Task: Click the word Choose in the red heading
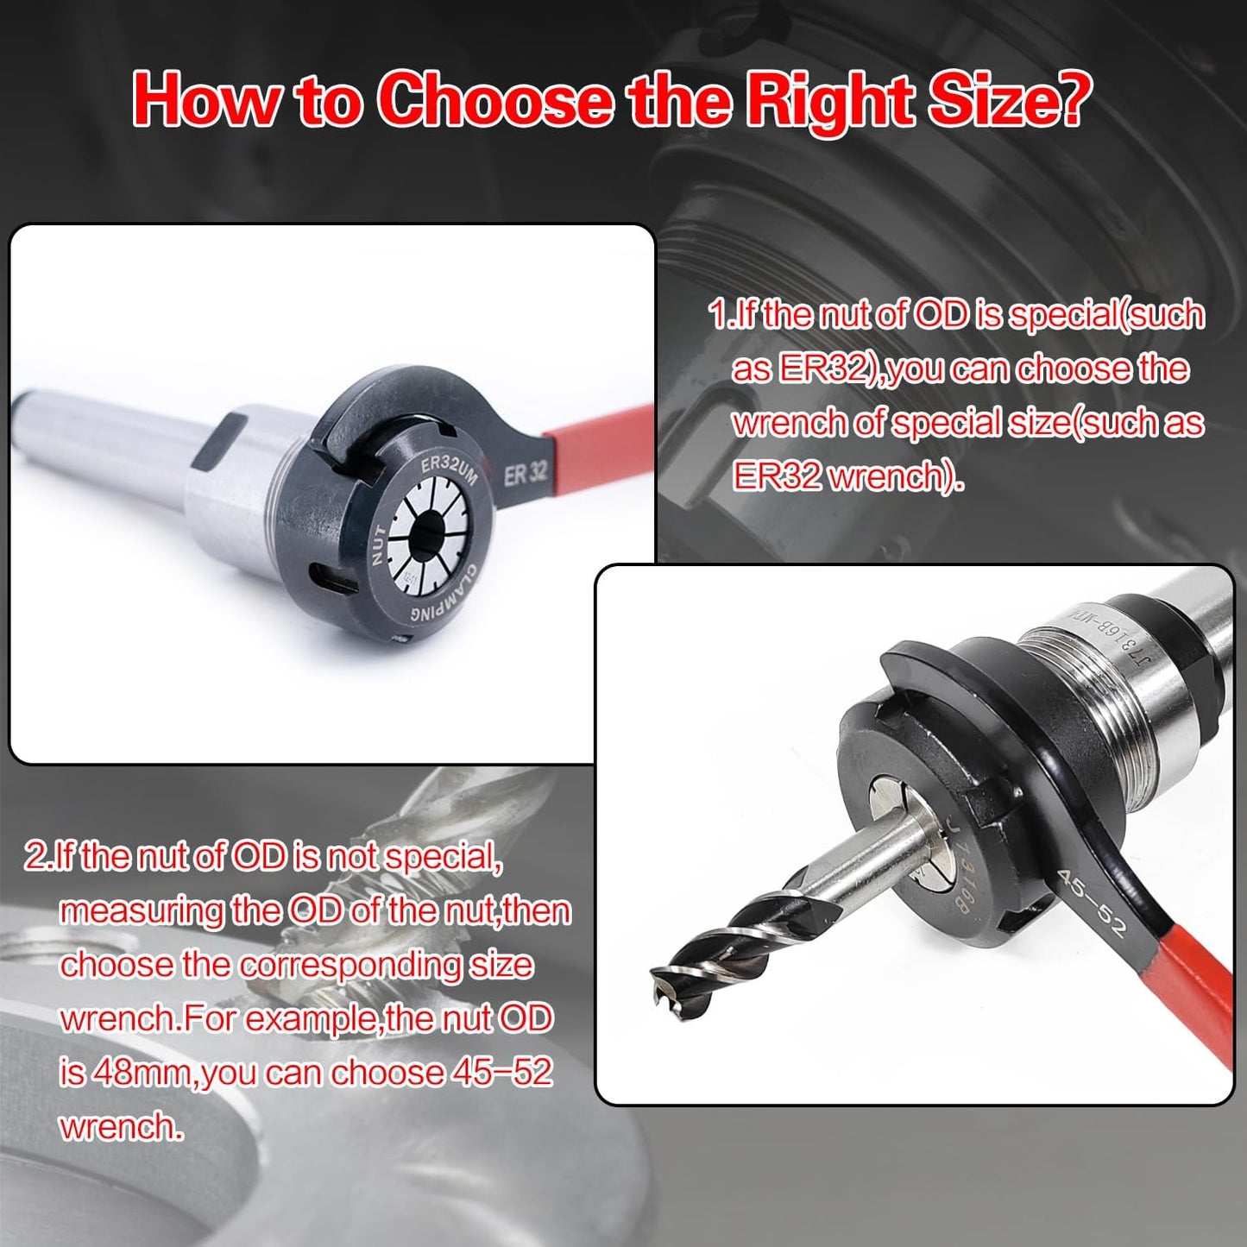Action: pos(496,100)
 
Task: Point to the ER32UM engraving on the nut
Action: pos(448,474)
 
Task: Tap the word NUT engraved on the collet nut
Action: pos(379,545)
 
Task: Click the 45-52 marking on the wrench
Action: pos(1092,903)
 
